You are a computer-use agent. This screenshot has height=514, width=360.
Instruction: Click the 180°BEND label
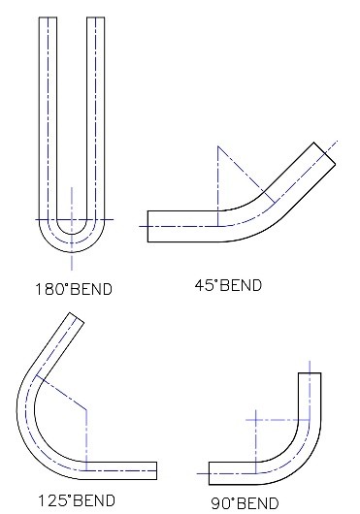pyautogui.click(x=72, y=289)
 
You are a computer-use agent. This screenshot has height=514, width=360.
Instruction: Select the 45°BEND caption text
pyautogui.click(x=229, y=285)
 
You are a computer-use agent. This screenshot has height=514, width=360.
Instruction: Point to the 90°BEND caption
pyautogui.click(x=245, y=502)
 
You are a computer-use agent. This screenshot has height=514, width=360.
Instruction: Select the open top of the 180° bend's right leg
pyautogui.click(x=95, y=18)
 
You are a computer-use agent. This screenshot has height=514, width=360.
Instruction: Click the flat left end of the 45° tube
pyautogui.click(x=147, y=225)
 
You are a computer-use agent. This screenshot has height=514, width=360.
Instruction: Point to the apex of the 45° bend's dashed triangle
pyautogui.click(x=218, y=146)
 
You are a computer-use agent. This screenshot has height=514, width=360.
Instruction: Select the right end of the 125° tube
pyautogui.click(x=156, y=470)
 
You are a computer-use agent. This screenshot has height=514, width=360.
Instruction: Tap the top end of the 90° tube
pyautogui.click(x=309, y=373)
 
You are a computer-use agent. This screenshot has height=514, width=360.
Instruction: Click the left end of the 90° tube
pyautogui.click(x=210, y=472)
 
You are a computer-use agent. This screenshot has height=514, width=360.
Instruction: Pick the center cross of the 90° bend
pyautogui.click(x=255, y=420)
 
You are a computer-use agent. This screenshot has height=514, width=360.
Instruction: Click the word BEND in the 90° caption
pyautogui.click(x=256, y=502)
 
